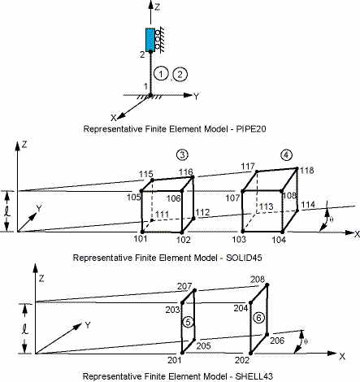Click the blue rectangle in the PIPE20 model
pos(150,40)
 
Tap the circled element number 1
pos(161,74)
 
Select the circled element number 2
pos(180,74)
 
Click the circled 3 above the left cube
pos(182,154)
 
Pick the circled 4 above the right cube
pos(287,155)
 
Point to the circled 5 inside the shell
pos(189,322)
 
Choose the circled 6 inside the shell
pos(258,318)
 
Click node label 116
pos(185,171)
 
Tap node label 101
pos(141,239)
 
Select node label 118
pos(306,171)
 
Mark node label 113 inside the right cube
pos(266,206)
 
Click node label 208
pos(258,279)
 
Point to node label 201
pos(175,360)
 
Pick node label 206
pos(277,341)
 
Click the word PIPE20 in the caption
pos(251,128)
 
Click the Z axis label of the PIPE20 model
pos(157,7)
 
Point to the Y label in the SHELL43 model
pos(88,325)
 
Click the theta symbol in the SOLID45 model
pos(332,219)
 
